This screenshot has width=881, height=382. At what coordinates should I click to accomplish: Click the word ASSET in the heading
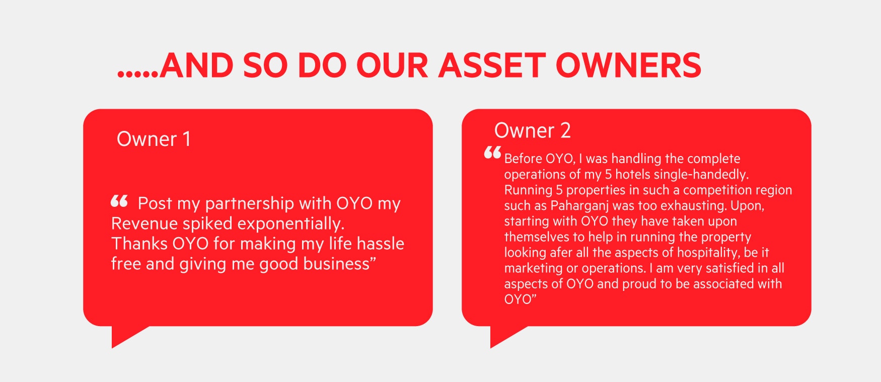click(x=492, y=65)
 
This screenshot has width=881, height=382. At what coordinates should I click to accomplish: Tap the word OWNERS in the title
click(x=629, y=65)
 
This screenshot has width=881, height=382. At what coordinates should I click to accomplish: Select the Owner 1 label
click(x=154, y=139)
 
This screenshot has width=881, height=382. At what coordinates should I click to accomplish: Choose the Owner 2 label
click(x=533, y=130)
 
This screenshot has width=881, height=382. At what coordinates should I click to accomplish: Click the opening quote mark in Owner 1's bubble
click(x=119, y=201)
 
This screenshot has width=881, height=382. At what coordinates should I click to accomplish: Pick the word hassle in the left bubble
click(x=381, y=244)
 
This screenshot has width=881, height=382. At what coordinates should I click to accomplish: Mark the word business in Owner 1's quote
click(x=339, y=264)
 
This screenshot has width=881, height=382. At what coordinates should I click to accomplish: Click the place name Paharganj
click(x=579, y=206)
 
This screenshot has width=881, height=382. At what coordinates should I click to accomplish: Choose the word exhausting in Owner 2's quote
click(x=694, y=206)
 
